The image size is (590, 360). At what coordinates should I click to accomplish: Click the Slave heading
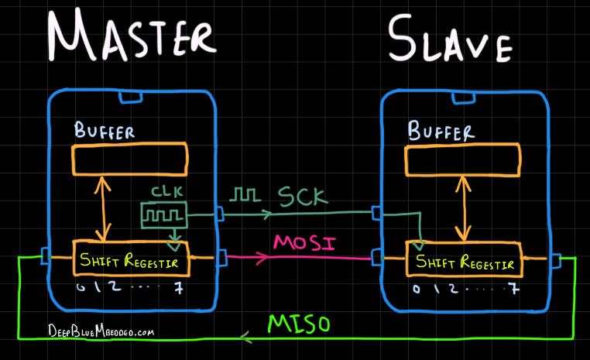(449, 39)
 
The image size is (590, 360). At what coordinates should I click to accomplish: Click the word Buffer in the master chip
(104, 130)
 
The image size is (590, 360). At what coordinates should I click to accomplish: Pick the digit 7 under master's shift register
(180, 288)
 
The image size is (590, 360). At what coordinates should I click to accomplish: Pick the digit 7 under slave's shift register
(513, 290)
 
